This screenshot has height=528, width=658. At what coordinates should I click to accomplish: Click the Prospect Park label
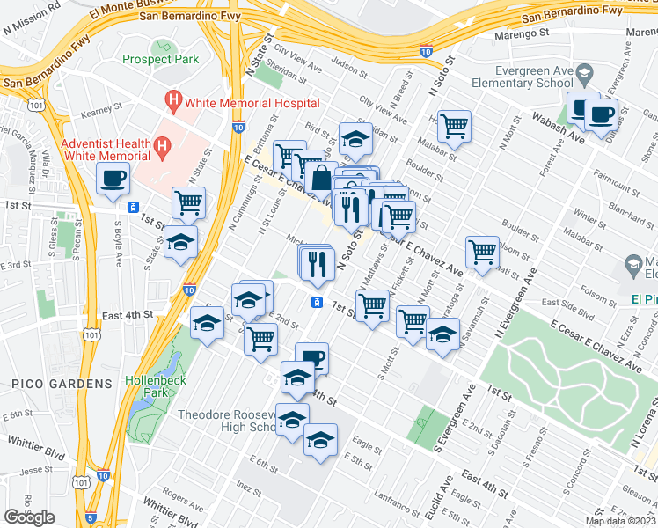pyautogui.click(x=161, y=60)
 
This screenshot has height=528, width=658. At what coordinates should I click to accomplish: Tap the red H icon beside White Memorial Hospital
pyautogui.click(x=174, y=100)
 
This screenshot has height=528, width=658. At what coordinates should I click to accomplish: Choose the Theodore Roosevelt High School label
pyautogui.click(x=228, y=421)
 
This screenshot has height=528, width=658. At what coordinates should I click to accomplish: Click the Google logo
pyautogui.click(x=30, y=517)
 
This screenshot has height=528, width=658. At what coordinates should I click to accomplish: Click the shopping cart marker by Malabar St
pyautogui.click(x=454, y=127)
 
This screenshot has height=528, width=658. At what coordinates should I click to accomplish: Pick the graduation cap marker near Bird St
pyautogui.click(x=355, y=139)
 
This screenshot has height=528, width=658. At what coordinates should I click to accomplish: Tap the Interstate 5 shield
pyautogui.click(x=91, y=519)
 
